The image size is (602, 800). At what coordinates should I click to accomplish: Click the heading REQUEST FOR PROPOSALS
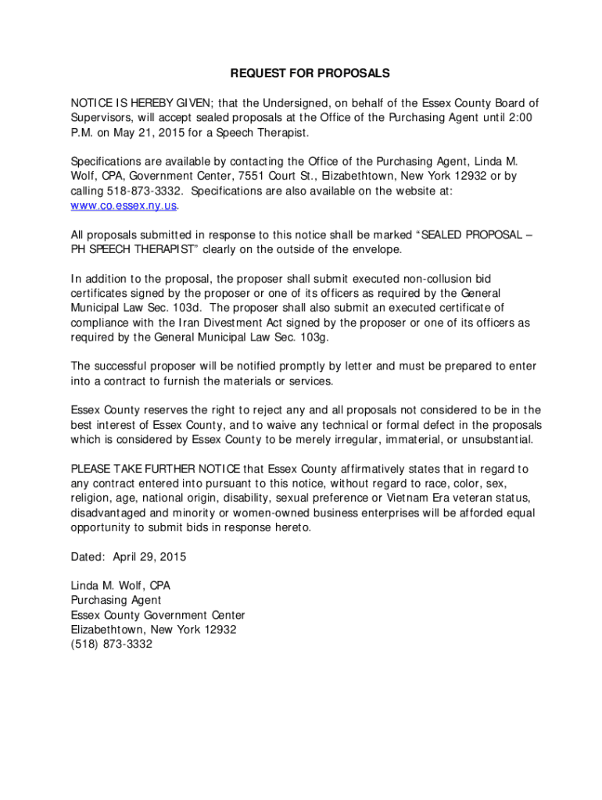(x=310, y=73)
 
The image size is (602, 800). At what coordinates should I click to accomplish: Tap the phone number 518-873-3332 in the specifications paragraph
(x=145, y=191)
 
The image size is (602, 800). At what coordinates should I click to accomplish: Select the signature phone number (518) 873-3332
(x=111, y=645)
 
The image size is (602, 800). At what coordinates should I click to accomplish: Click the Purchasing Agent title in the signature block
(x=116, y=600)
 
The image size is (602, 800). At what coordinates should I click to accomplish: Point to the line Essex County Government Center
(x=158, y=615)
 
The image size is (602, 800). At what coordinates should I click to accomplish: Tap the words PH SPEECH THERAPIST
(x=130, y=249)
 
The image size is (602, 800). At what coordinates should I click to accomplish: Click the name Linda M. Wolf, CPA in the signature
(x=120, y=585)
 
